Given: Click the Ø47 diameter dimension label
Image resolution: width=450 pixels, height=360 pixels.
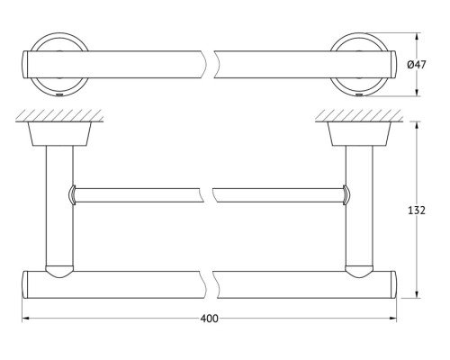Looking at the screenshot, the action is point(417,65).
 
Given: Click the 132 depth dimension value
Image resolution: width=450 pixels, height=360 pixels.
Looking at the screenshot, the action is point(417,211).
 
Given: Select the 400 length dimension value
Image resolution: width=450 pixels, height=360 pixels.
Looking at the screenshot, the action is point(209,319).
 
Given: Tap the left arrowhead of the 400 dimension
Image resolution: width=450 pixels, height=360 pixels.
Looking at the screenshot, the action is point(26,318).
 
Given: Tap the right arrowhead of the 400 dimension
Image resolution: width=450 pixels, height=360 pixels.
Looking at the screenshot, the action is point(392,318).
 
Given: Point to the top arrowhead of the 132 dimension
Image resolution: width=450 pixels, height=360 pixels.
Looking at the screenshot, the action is point(417,125).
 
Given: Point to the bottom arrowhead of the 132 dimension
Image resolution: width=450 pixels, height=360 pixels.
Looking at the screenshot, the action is point(417,294).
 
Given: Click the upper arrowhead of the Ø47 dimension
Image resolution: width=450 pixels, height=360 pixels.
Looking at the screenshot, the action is point(417,37).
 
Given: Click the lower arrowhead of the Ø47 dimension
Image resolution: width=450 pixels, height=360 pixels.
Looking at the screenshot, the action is point(417,93).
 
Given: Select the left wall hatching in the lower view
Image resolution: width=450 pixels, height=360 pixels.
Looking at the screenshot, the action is point(59,115).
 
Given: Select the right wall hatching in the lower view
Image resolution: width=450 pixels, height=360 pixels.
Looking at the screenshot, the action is point(359,115).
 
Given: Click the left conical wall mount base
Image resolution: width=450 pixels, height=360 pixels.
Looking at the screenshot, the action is point(59,134).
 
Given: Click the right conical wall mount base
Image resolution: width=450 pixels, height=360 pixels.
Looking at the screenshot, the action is point(359,134).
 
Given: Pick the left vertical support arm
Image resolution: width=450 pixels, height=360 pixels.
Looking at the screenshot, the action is point(59,206).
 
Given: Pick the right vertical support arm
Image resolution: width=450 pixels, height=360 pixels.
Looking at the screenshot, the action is point(359,206).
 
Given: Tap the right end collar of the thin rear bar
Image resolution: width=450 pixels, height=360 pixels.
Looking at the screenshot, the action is point(346,195).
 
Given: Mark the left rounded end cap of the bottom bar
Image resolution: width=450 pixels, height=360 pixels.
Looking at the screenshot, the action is point(25,284).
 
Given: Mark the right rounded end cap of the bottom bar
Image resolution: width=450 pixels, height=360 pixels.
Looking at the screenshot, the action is point(393,284).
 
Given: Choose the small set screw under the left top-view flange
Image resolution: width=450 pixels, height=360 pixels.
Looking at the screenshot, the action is point(59,95).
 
